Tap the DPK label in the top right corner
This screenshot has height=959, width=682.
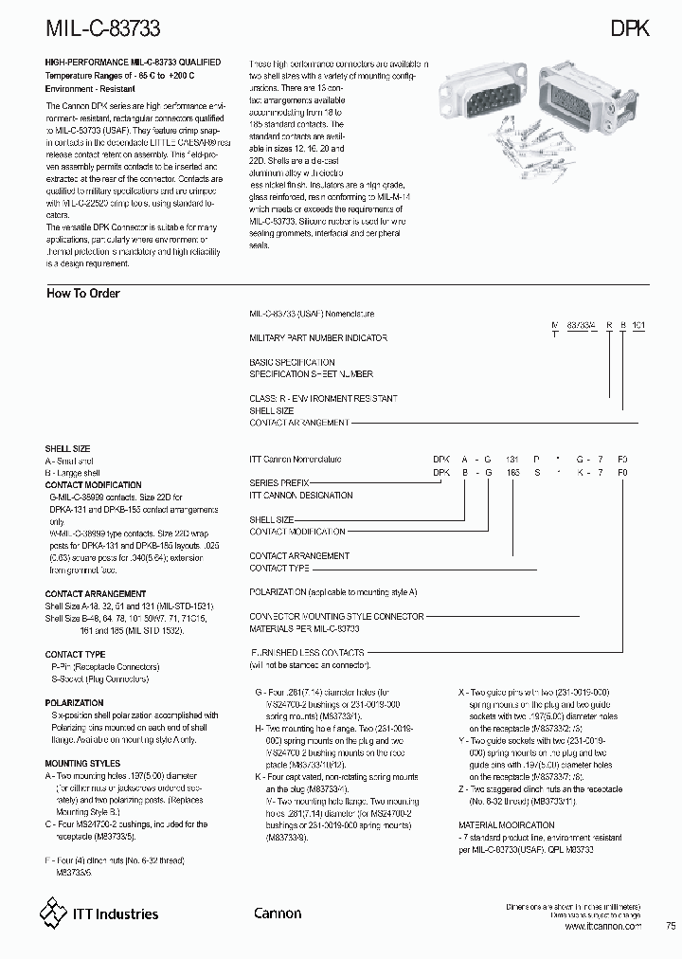tap(628, 28)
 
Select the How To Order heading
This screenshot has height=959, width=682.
tap(83, 294)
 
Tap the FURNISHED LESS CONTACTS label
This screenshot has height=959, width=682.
tap(307, 653)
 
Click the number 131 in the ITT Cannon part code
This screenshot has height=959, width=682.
tap(512, 459)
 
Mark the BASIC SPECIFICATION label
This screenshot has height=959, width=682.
tap(292, 362)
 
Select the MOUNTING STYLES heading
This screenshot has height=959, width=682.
tap(82, 763)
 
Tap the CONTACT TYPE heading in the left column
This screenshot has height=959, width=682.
tap(75, 654)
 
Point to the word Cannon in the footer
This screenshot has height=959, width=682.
tap(278, 914)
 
